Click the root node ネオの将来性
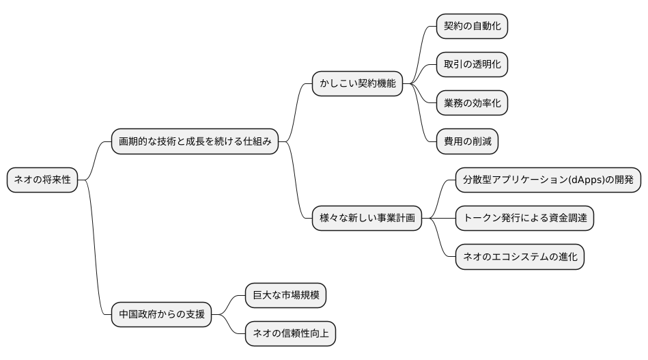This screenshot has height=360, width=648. [x=42, y=180]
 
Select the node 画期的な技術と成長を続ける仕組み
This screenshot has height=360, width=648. [x=195, y=142]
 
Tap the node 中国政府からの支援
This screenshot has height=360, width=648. [x=161, y=315]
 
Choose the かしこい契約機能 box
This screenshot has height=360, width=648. [x=357, y=84]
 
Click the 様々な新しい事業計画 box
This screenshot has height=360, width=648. [x=366, y=219]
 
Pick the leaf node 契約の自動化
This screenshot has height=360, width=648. [x=472, y=26]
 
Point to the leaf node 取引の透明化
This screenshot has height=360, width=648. [x=472, y=65]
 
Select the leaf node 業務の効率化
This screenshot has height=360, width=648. [x=472, y=103]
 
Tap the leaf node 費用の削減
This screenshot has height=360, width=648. [x=467, y=142]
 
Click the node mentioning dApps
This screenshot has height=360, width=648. [x=548, y=180]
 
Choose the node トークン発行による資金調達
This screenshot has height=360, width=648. [x=524, y=219]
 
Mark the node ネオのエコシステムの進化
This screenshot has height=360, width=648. [x=520, y=258]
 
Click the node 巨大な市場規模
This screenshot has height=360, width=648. [x=285, y=296]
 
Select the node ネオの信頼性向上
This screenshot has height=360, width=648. [x=290, y=334]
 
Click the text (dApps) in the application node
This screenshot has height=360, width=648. [x=580, y=180]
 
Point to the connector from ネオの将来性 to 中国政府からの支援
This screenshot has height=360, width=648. [x=95, y=253]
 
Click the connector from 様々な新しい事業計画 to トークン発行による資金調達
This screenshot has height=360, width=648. [x=438, y=219]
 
